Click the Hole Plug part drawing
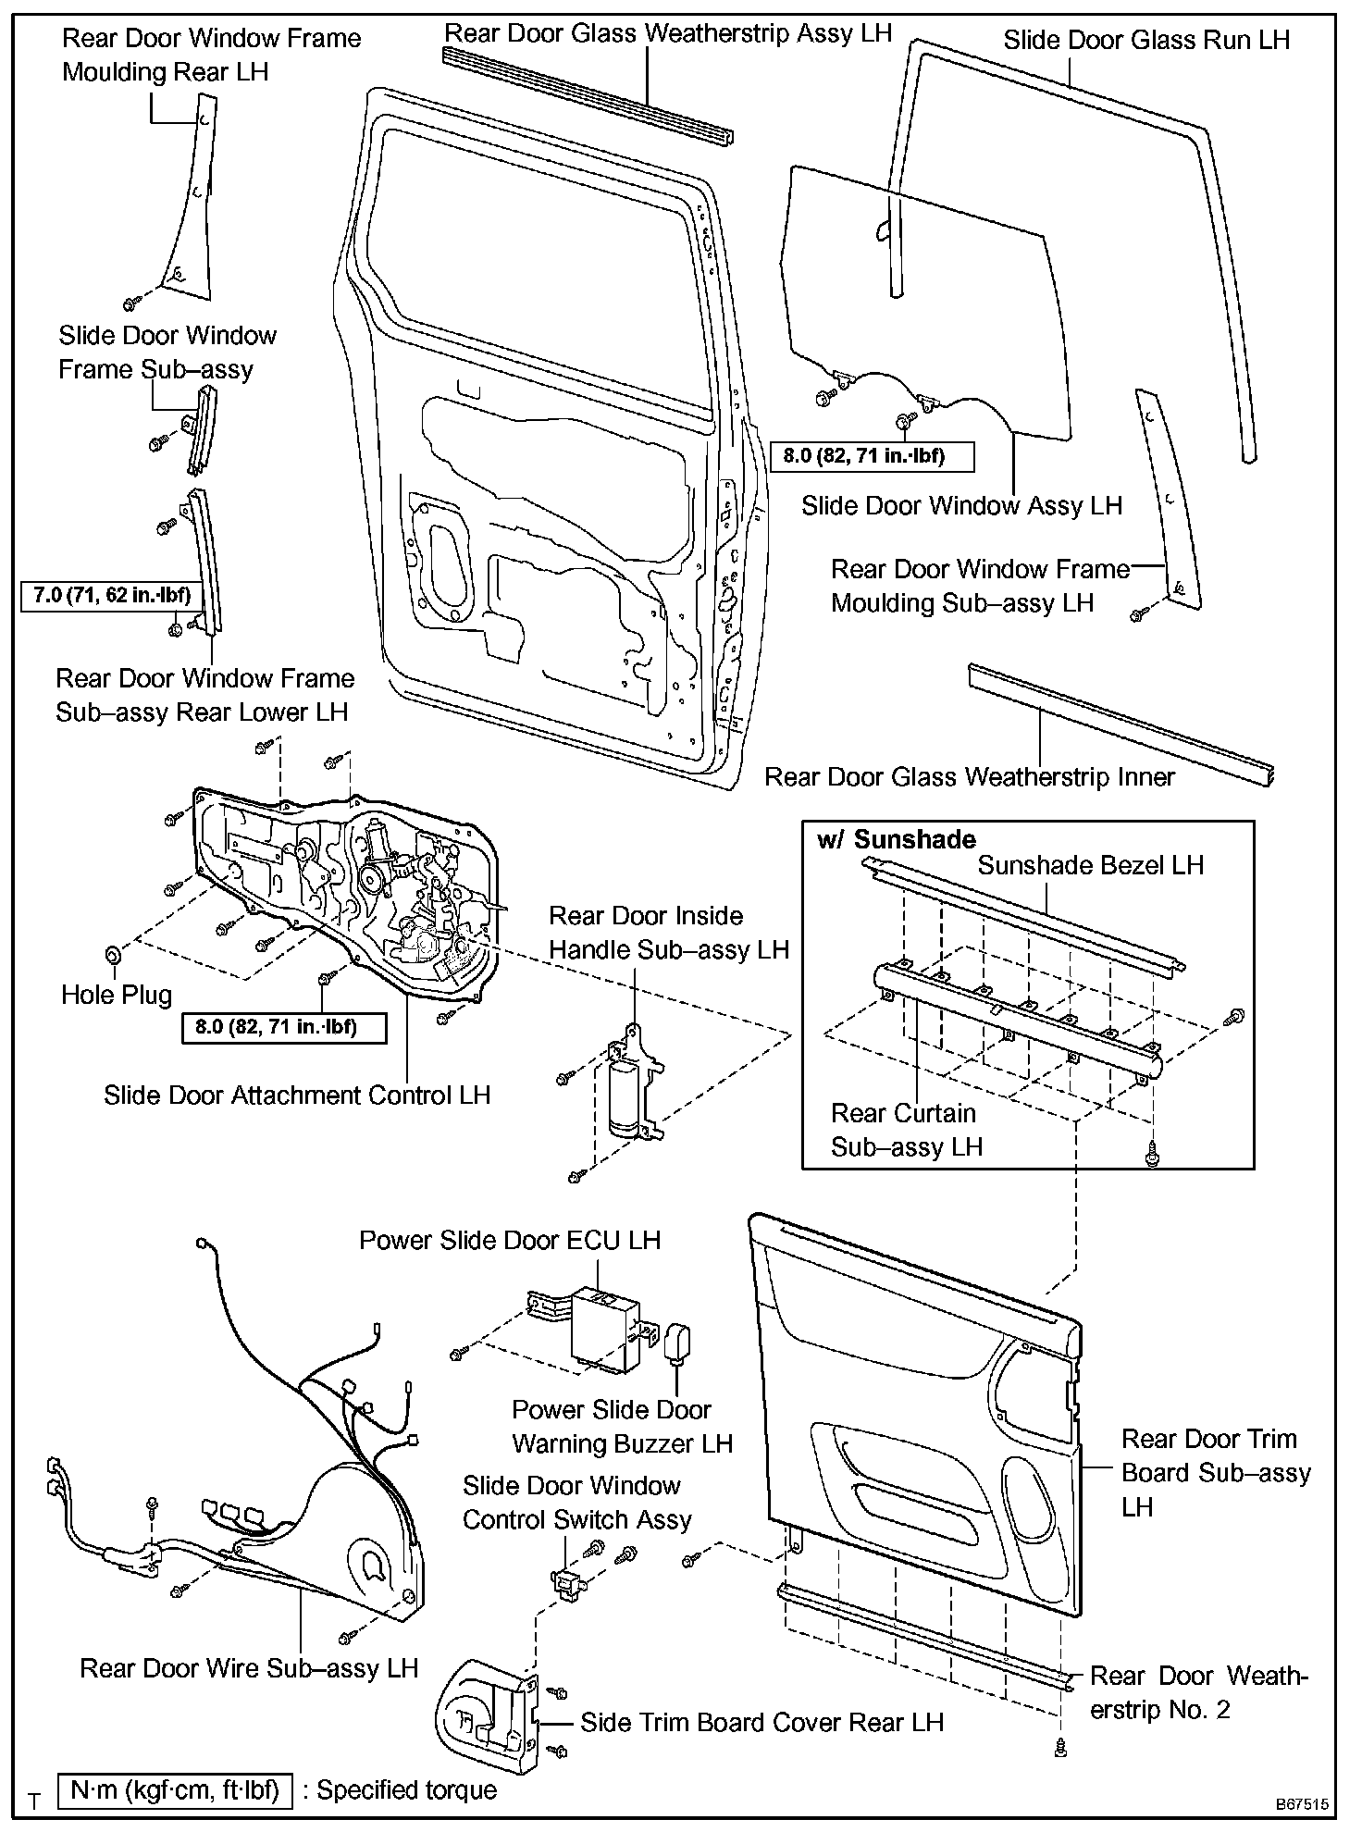coord(113,953)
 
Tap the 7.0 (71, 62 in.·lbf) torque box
coord(112,595)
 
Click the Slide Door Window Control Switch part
coord(564,1581)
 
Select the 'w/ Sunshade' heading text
coord(896,839)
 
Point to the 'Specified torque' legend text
coord(406,1789)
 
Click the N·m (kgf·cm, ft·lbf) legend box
coord(175,1789)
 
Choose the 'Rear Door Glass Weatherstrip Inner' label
coord(969,776)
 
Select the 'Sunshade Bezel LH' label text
coord(1090,865)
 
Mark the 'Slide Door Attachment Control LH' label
coord(296,1095)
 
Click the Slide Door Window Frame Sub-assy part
coord(201,428)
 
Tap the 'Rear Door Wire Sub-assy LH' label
coord(249,1667)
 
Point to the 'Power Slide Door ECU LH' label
coord(510,1240)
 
